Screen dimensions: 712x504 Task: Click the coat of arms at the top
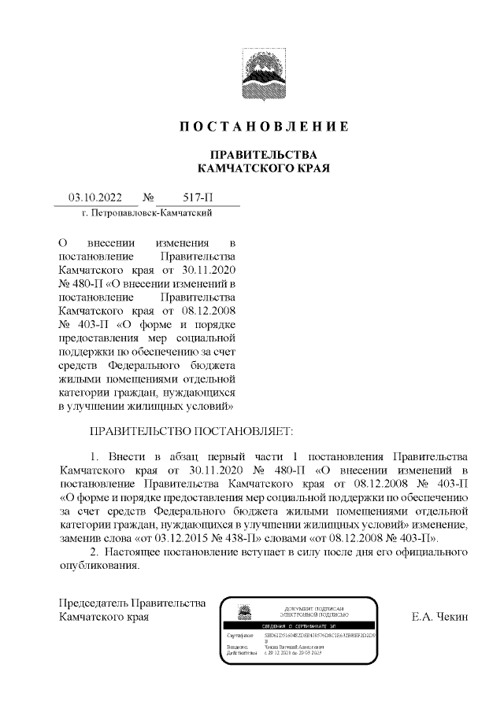pos(252,77)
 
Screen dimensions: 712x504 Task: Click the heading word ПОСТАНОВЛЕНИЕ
pos(264,127)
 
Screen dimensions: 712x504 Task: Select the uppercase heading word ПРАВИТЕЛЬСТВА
pos(264,154)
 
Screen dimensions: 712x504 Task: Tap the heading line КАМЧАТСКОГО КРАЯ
pos(264,168)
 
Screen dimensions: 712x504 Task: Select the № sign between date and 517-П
pos(148,198)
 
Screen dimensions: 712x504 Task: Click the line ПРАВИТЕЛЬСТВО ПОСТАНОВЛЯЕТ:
pos(191,432)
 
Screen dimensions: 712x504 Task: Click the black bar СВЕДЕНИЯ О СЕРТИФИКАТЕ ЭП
pos(300,625)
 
